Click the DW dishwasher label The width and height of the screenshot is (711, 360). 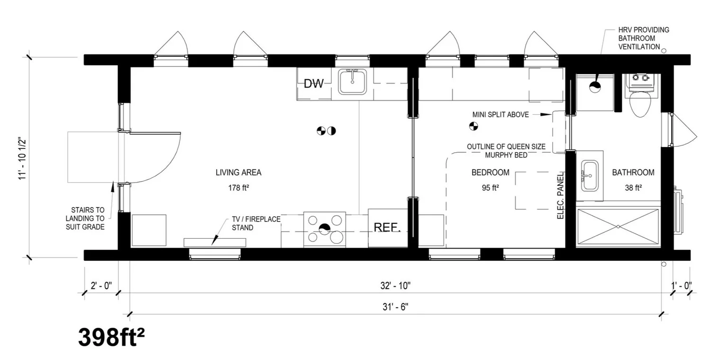313,84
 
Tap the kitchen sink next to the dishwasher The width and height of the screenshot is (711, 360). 352,82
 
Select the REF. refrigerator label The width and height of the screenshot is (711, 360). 387,227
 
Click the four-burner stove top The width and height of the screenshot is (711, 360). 324,229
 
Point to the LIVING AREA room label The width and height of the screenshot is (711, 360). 238,173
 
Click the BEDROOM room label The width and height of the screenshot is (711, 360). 490,173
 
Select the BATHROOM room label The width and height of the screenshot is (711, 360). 633,173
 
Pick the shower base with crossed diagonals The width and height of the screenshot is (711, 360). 618,227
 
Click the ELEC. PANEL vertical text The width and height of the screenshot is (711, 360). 560,194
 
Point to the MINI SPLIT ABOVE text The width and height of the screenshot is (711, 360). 500,115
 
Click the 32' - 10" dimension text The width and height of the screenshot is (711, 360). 395,286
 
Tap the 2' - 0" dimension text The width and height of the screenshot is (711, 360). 100,286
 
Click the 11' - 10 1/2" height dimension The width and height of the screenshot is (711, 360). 21,159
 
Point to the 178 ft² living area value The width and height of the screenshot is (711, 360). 238,188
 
